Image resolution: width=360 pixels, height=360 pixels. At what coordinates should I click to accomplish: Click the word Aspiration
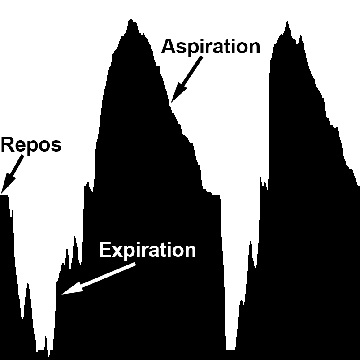[210, 47]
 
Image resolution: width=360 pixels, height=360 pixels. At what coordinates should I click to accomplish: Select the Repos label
[31, 145]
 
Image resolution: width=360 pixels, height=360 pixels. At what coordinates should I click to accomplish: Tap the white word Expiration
[147, 250]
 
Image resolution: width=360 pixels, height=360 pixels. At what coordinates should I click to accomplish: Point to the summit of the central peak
[131, 21]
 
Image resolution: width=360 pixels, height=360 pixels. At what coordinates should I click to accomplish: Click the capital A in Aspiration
[168, 47]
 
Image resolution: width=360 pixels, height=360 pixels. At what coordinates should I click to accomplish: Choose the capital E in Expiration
[104, 250]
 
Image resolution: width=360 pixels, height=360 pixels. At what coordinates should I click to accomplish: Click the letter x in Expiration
[116, 252]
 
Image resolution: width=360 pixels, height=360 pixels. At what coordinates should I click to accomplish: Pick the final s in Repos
[56, 147]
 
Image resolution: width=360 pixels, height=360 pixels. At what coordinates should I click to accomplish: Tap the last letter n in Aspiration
[254, 48]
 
